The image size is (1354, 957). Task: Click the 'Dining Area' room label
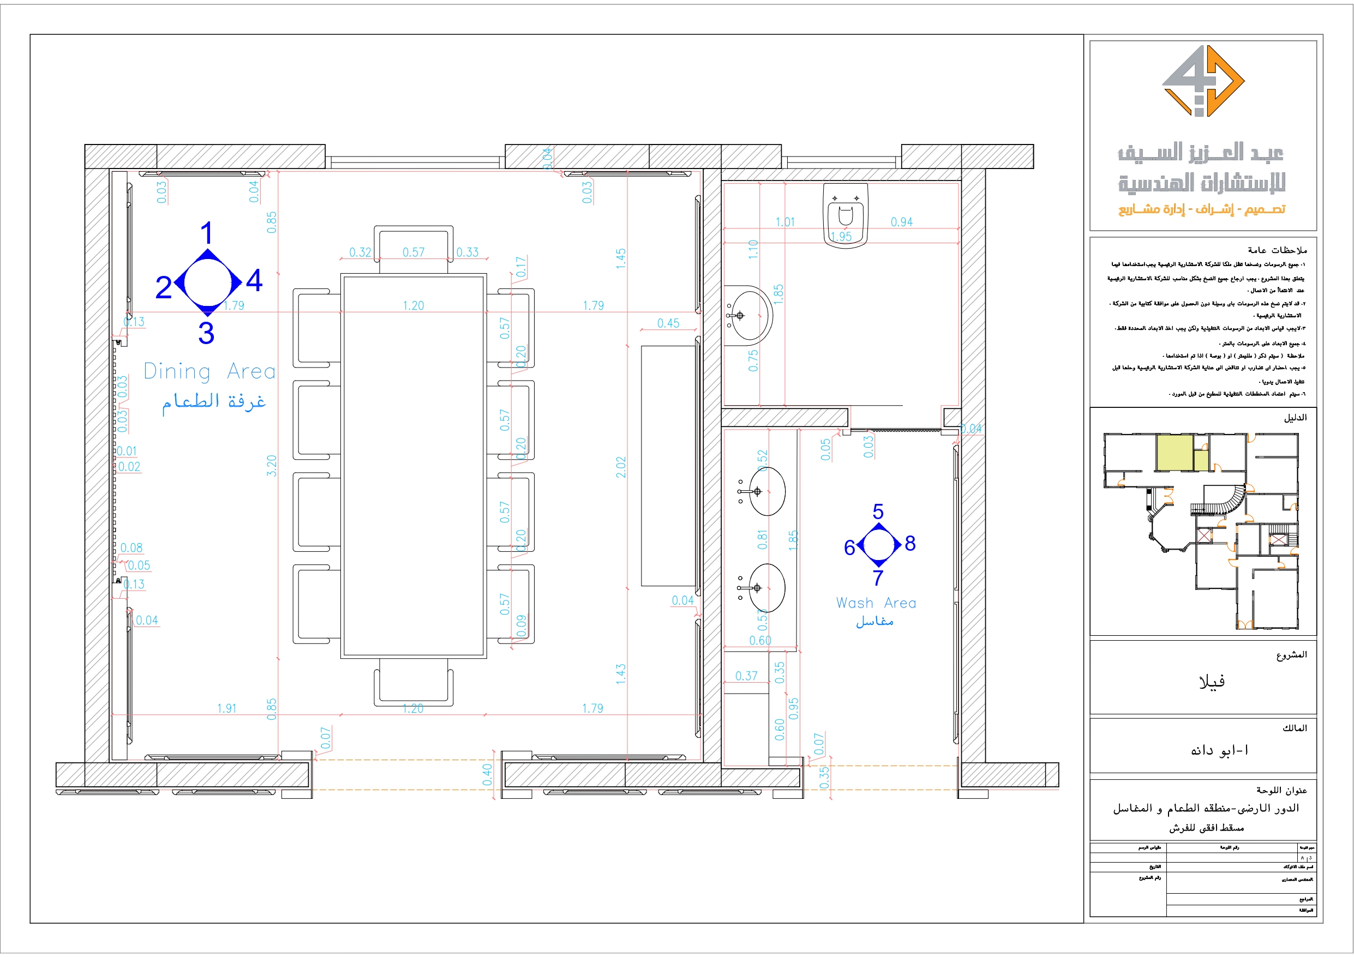pyautogui.click(x=209, y=371)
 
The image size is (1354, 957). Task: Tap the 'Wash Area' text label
pyautogui.click(x=876, y=603)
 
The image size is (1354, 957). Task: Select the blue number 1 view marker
pyautogui.click(x=206, y=233)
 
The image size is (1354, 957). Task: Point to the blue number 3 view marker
pyautogui.click(x=206, y=333)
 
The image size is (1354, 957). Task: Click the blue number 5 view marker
pyautogui.click(x=878, y=511)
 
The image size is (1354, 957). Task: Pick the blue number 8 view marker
pyautogui.click(x=910, y=543)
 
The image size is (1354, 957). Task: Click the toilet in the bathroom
pyautogui.click(x=846, y=213)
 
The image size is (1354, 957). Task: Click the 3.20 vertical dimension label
pyautogui.click(x=271, y=466)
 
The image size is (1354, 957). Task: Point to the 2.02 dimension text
pyautogui.click(x=620, y=467)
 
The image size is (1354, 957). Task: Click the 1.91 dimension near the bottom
pyautogui.click(x=226, y=708)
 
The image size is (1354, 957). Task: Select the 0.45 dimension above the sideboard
pyautogui.click(x=668, y=323)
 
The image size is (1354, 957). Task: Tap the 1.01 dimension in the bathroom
pyautogui.click(x=785, y=222)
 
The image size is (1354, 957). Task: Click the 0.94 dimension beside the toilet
pyautogui.click(x=901, y=222)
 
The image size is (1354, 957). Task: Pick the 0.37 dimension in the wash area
pyautogui.click(x=746, y=676)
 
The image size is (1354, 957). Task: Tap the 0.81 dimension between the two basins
pyautogui.click(x=763, y=539)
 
